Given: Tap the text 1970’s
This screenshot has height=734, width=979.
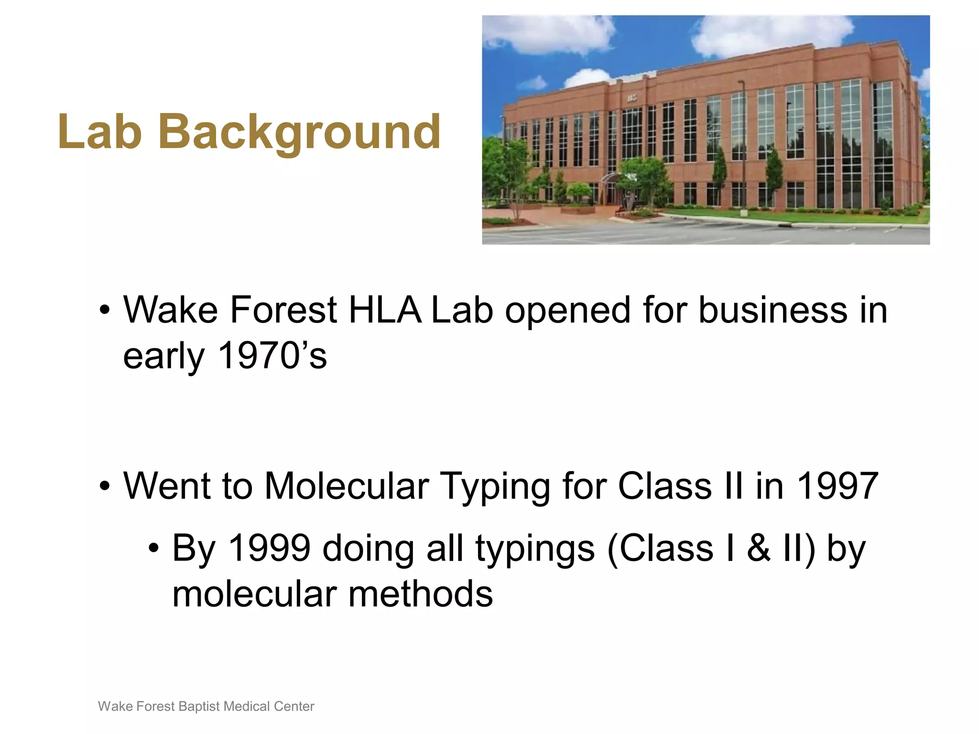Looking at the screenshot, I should pyautogui.click(x=272, y=356).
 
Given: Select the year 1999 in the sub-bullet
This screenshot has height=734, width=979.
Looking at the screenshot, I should pyautogui.click(x=270, y=548).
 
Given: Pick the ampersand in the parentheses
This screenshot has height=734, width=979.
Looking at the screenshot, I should pyautogui.click(x=759, y=548).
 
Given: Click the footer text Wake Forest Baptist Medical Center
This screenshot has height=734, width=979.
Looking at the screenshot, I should pyautogui.click(x=206, y=706).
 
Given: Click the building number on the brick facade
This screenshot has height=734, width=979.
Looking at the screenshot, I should pyautogui.click(x=632, y=98).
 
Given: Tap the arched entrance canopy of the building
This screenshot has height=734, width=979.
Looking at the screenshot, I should pyautogui.click(x=610, y=178).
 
